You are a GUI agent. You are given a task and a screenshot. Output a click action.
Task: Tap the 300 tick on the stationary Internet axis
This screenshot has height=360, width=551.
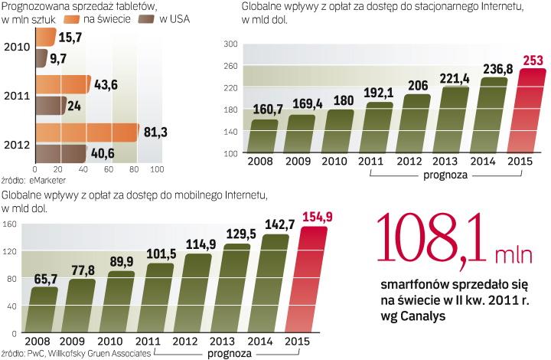tap(229, 45)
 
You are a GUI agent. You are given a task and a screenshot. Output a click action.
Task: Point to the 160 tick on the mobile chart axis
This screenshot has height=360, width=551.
tap(10, 224)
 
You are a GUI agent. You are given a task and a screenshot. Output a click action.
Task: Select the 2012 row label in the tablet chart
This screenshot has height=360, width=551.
tap(15, 142)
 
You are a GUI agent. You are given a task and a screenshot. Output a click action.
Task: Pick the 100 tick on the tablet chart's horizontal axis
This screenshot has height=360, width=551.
tap(156, 169)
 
